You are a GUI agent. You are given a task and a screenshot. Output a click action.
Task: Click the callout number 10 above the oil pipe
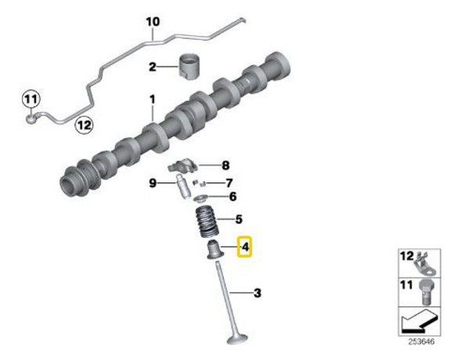click(153, 22)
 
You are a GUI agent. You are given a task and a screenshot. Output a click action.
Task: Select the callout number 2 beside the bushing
click(152, 67)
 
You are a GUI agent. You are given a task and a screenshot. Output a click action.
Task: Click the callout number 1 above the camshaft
click(152, 99)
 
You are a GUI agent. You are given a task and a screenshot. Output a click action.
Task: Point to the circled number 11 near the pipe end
click(31, 99)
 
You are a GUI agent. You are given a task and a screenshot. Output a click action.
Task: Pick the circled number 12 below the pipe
click(84, 125)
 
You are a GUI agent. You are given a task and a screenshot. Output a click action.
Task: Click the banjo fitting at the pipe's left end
click(31, 118)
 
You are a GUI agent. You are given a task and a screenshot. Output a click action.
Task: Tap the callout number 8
click(226, 165)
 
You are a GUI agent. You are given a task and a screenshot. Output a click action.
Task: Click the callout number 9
click(153, 183)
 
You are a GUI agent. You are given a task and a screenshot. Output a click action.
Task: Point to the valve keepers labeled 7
click(199, 183)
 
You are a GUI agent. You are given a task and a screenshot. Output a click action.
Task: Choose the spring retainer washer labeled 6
click(202, 199)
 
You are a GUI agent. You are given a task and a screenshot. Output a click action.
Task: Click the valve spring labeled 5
click(207, 222)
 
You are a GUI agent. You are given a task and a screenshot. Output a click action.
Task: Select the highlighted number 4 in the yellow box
click(245, 247)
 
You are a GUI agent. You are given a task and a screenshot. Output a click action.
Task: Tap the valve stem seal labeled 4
click(214, 250)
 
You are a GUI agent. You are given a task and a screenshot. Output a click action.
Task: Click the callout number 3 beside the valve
click(257, 293)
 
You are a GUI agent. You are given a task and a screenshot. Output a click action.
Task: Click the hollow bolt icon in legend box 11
click(425, 292)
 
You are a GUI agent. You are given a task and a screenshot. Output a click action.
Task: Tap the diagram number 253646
click(421, 342)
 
